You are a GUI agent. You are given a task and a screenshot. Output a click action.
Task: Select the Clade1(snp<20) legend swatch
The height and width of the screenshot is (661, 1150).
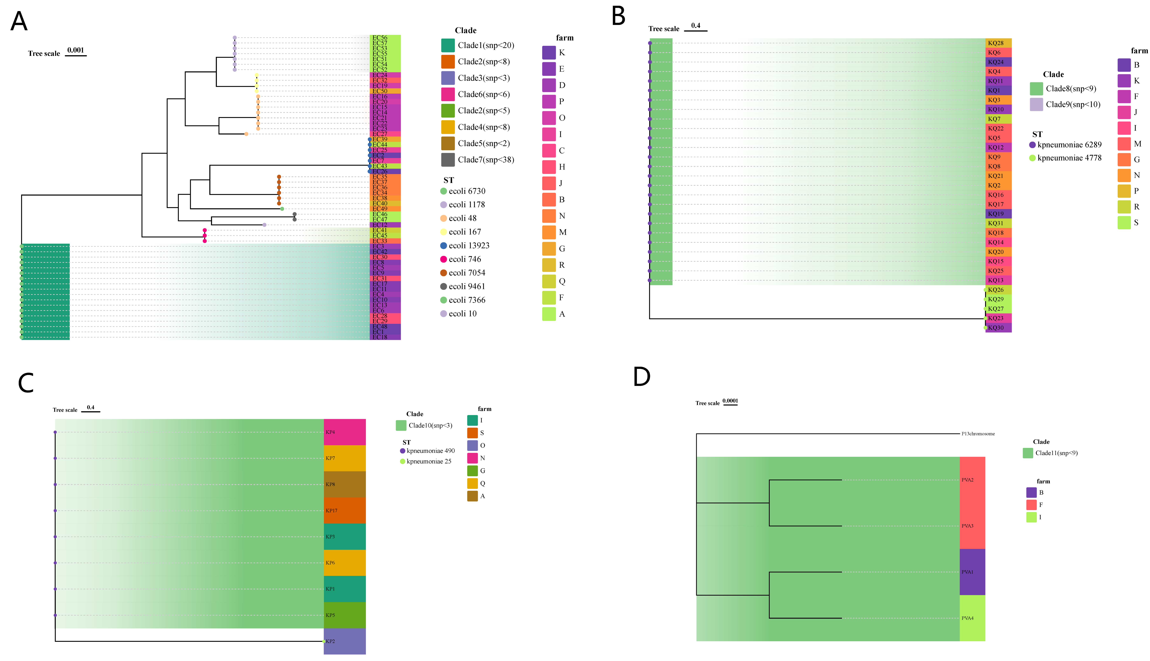click(x=448, y=45)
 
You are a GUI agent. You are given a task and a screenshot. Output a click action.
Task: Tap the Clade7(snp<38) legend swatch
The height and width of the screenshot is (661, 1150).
click(x=448, y=160)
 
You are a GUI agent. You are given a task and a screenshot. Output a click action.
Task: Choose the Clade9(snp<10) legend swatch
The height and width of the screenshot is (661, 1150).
click(x=1036, y=104)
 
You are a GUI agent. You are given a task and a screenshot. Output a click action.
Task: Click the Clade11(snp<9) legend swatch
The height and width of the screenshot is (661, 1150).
click(x=1028, y=453)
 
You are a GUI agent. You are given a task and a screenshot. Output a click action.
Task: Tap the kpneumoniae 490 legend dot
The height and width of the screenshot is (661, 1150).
click(x=402, y=451)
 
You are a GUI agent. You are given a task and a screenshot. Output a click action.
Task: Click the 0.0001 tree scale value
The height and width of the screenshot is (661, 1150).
click(x=730, y=401)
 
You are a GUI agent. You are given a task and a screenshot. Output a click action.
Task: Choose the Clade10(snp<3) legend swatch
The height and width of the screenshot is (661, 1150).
click(x=401, y=425)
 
